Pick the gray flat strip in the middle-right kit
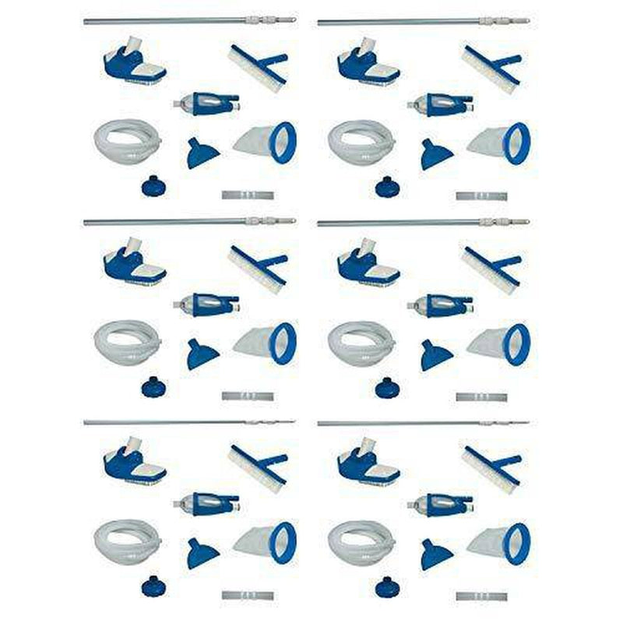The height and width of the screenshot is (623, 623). (480, 396)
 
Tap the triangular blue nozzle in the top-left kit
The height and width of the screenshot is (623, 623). (202, 154)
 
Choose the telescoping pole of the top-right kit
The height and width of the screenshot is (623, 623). (421, 21)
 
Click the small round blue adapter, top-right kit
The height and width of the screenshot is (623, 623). (385, 186)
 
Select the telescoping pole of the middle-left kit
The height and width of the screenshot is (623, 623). (187, 221)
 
